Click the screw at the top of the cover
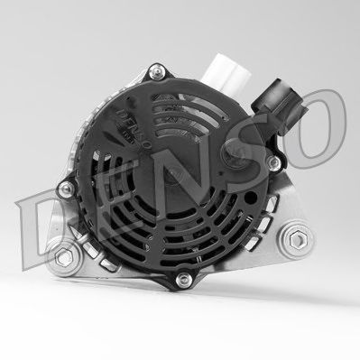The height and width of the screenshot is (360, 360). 157,72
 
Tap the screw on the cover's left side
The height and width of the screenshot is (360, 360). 66,189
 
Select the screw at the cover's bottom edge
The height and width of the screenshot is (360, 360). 183,280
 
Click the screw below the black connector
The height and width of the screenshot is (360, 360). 273,162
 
